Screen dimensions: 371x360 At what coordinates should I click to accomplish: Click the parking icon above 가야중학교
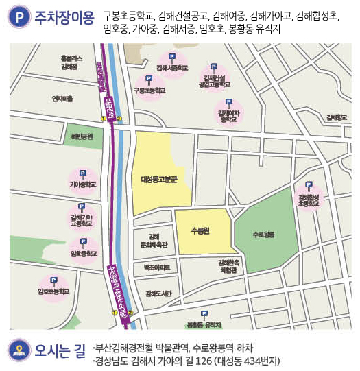[83, 174]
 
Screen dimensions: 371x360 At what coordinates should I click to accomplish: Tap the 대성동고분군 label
[158, 180]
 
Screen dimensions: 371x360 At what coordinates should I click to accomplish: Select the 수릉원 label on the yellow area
[200, 230]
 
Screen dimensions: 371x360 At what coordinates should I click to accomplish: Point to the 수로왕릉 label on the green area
[263, 235]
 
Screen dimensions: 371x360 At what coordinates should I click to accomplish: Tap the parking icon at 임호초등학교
[55, 280]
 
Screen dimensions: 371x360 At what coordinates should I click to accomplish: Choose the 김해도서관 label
[158, 293]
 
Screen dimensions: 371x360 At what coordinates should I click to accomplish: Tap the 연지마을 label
[62, 99]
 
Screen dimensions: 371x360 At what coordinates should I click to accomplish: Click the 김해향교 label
[337, 117]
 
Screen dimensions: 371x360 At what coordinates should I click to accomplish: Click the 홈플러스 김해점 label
[69, 62]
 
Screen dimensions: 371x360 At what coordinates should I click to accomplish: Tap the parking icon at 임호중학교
[83, 242]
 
